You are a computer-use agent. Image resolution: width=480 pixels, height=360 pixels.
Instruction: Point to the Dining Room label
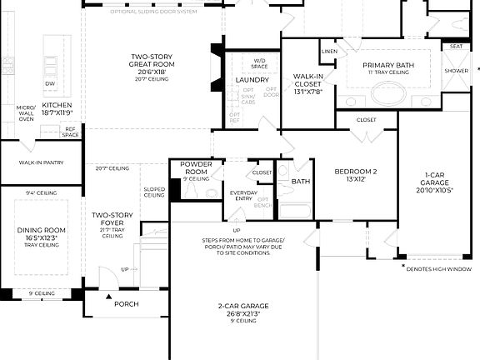(41, 232)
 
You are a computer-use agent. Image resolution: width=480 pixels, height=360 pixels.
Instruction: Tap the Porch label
(126, 304)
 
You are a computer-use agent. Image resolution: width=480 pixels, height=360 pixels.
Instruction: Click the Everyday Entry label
(244, 194)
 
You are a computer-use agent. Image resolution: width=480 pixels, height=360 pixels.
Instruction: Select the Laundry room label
(252, 80)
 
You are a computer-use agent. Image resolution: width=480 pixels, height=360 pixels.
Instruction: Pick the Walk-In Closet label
(307, 81)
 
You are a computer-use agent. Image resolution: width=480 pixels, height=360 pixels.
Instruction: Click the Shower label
(455, 72)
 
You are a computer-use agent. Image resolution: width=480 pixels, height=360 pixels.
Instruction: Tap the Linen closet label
(329, 52)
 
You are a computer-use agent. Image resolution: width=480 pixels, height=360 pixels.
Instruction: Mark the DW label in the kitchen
(50, 84)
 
